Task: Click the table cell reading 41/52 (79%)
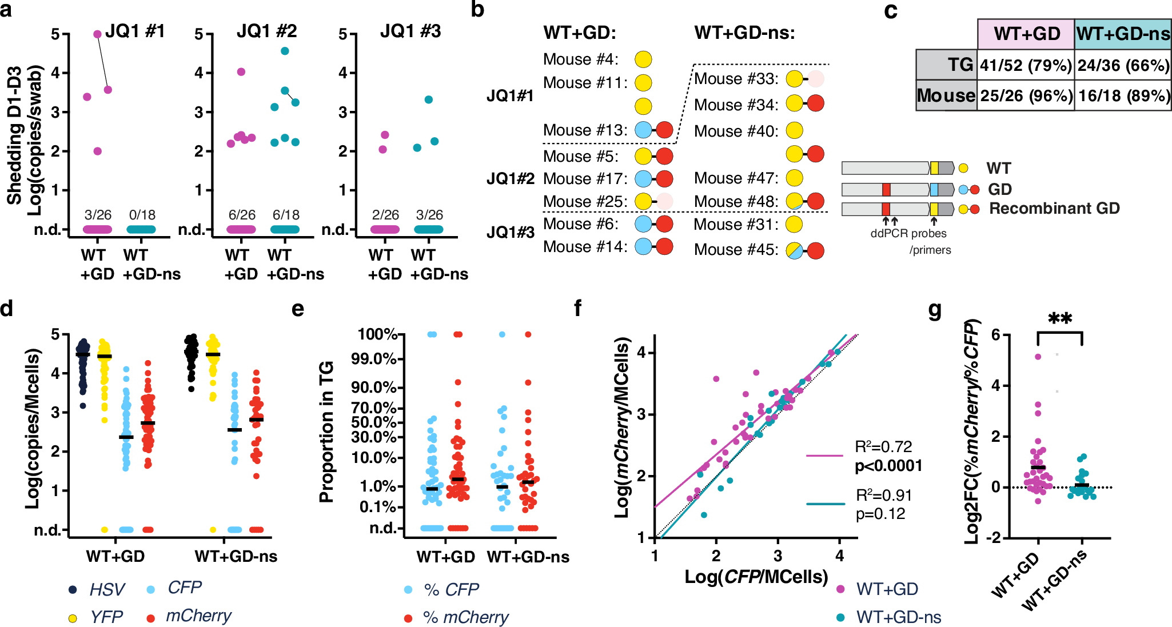pyautogui.click(x=1026, y=66)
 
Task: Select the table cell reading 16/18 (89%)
pyautogui.click(x=1123, y=95)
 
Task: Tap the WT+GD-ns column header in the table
pyautogui.click(x=1123, y=34)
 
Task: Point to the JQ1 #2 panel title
pyautogui.click(x=266, y=31)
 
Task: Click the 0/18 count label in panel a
pyautogui.click(x=142, y=215)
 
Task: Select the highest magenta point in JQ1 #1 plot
pyautogui.click(x=97, y=34)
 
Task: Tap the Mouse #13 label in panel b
pyautogui.click(x=585, y=130)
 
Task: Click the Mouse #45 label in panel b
pyautogui.click(x=736, y=250)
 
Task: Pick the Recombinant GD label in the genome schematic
pyautogui.click(x=1054, y=209)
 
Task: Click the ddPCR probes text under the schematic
pyautogui.click(x=908, y=233)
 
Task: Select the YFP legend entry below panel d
pyautogui.click(x=106, y=617)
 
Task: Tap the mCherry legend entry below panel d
pyautogui.click(x=198, y=616)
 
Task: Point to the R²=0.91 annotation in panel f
pyautogui.click(x=883, y=495)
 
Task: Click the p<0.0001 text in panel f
pyautogui.click(x=888, y=466)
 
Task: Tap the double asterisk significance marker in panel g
pyautogui.click(x=1059, y=318)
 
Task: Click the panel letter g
pyautogui.click(x=935, y=309)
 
